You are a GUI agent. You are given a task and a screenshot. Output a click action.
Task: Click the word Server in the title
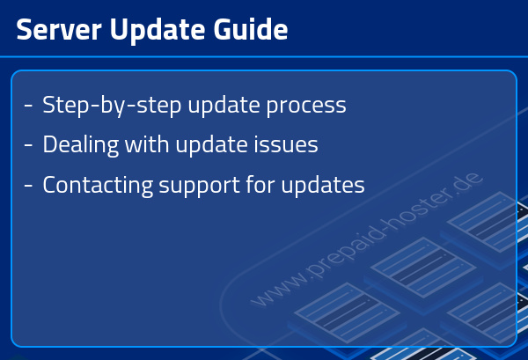(56, 30)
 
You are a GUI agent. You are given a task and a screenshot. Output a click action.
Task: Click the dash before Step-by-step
(29, 107)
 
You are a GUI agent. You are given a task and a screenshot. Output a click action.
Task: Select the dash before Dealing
(29, 144)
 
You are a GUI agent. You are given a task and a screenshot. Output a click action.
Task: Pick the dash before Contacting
(29, 187)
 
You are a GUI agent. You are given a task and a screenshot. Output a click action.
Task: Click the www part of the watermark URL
(272, 290)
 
